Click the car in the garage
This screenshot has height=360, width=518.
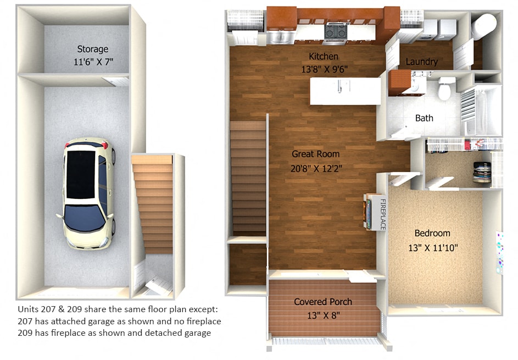pos(88,192)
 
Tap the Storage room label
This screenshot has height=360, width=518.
pos(92,49)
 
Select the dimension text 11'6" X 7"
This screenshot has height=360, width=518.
pos(92,62)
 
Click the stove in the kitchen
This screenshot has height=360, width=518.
pos(335,32)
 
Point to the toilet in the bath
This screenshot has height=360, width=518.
pos(445,88)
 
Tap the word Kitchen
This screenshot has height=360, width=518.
pos(324,57)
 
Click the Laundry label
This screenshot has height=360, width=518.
pos(421,62)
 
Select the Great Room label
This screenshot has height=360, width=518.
pos(316,154)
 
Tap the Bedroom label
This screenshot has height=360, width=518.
pos(432,233)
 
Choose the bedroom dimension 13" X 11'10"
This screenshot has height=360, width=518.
pos(432,247)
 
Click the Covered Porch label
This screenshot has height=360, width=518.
pos(323,302)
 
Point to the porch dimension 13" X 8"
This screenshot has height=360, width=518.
pos(323,315)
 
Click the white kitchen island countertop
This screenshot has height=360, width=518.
pos(345,91)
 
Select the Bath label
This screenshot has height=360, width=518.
pos(424,118)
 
